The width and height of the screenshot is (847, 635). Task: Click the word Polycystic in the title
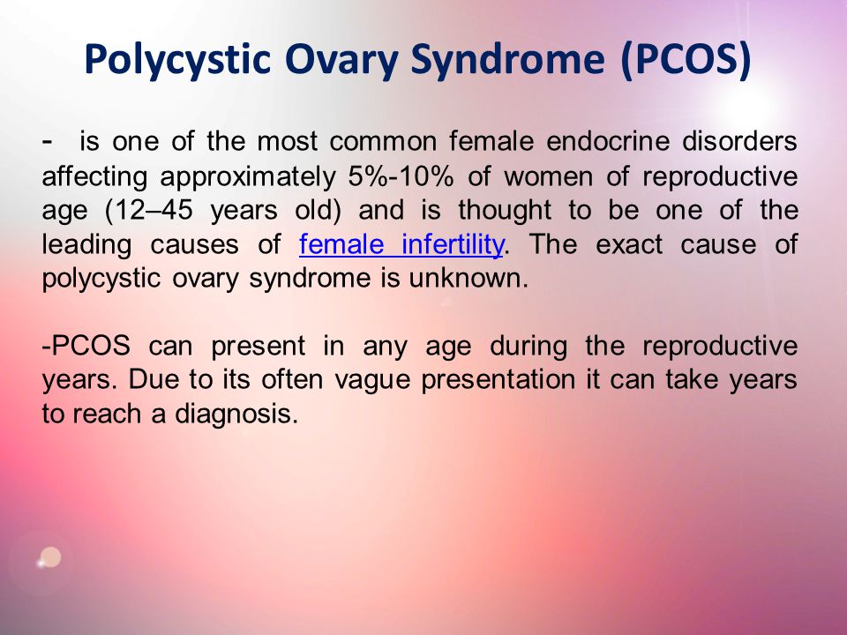point(177,59)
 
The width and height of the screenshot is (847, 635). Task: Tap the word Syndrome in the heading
point(507,59)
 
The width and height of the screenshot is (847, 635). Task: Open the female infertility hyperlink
point(401,244)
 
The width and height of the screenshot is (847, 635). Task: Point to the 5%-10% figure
point(401,176)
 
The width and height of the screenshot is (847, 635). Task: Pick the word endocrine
point(608,141)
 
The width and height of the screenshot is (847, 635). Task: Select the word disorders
point(739,141)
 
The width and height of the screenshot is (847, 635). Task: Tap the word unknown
point(468,278)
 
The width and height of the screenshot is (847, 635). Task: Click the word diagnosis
point(236,414)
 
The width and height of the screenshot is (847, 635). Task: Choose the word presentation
point(498,380)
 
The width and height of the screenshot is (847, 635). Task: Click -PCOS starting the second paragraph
point(86,346)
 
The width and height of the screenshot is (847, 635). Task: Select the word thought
point(505,211)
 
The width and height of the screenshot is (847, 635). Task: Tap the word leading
point(87,245)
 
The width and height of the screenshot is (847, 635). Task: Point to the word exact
point(629,244)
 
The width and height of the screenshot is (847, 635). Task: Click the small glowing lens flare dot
point(50,557)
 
